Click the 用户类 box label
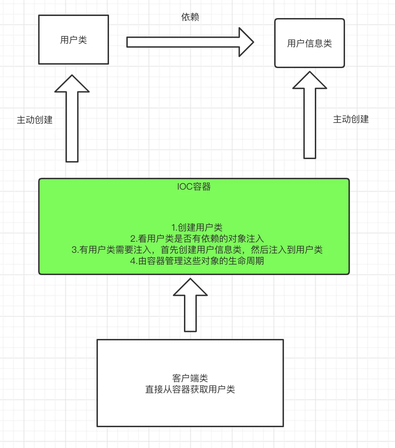(x=73, y=40)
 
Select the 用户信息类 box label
(x=309, y=43)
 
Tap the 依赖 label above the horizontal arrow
(x=190, y=17)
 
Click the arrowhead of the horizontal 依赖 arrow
(x=246, y=42)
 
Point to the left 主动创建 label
(x=35, y=120)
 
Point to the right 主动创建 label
(x=351, y=119)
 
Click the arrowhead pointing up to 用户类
(x=72, y=84)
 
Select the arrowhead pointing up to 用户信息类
(x=310, y=81)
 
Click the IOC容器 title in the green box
(x=194, y=186)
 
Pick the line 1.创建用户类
(x=197, y=227)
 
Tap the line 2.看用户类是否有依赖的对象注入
(x=197, y=239)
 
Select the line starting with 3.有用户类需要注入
(x=197, y=250)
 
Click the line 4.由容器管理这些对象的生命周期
(x=197, y=261)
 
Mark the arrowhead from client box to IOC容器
(x=190, y=288)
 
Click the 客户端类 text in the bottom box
(x=190, y=378)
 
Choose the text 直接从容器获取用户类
(x=190, y=389)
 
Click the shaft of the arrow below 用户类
(x=72, y=127)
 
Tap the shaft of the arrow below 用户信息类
(x=310, y=123)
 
